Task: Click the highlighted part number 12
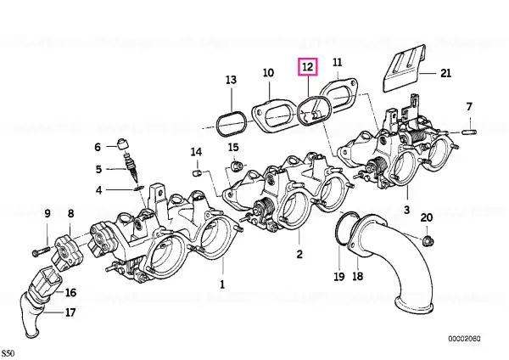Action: coord(307,66)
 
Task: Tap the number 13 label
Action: coord(231,80)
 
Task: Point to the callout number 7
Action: coord(468,106)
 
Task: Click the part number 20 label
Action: coord(427,218)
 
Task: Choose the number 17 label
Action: coord(71,312)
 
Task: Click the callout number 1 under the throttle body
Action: coord(223,285)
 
